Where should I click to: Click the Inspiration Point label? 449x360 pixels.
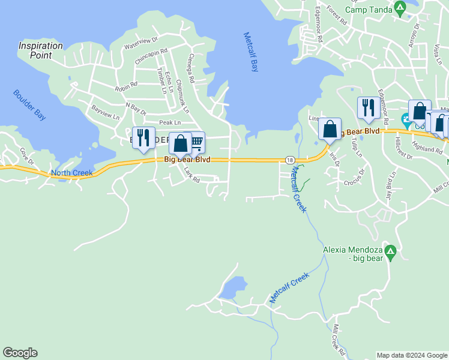[x=40, y=50]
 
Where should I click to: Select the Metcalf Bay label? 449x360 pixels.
[x=251, y=52]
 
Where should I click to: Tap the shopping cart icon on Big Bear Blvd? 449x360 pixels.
[x=196, y=143]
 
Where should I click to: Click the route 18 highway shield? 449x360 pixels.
[x=290, y=160]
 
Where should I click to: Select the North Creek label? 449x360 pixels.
[x=72, y=173]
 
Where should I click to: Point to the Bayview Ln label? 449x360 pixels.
[x=102, y=112]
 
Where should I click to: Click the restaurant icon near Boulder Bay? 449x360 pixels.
[x=143, y=137]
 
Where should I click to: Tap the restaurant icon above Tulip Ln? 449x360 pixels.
[x=368, y=108]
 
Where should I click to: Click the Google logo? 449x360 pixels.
[x=20, y=353]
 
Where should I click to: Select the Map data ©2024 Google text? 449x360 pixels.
[x=412, y=355]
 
